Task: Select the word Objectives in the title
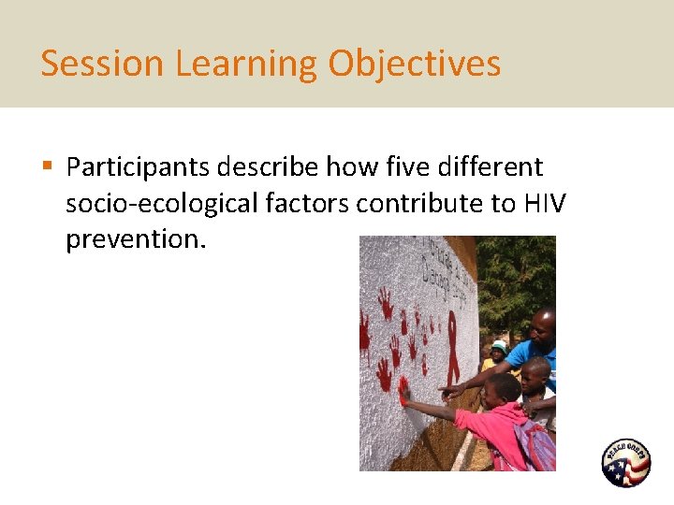point(414,64)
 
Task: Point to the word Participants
point(138,167)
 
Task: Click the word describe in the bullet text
point(268,167)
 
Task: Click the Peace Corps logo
point(625,463)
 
